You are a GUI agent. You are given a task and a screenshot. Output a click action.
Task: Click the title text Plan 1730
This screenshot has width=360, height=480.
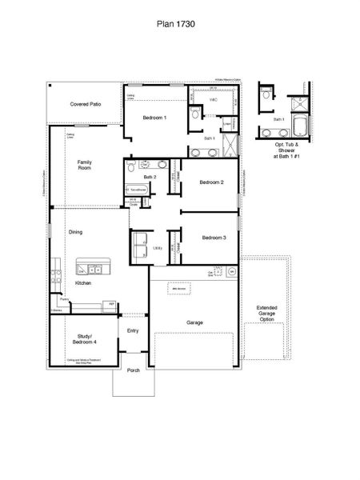[174, 25]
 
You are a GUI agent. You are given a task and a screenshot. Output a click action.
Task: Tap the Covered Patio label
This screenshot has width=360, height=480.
[85, 104]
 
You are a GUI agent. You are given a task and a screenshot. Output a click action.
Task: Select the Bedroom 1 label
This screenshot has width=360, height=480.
[154, 118]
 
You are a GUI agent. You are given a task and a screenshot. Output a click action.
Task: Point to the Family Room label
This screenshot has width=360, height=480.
[84, 166]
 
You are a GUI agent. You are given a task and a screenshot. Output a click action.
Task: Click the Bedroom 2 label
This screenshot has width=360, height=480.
[211, 182]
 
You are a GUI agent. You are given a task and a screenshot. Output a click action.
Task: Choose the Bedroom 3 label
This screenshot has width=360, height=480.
[214, 238]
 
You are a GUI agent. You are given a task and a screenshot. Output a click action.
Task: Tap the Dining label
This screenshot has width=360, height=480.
[75, 232]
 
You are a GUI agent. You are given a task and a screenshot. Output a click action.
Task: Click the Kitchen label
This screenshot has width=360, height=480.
[83, 283]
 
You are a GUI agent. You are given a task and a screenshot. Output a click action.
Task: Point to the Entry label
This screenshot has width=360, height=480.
[133, 330]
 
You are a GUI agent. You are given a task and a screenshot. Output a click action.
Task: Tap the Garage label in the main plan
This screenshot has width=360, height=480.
[194, 322]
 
